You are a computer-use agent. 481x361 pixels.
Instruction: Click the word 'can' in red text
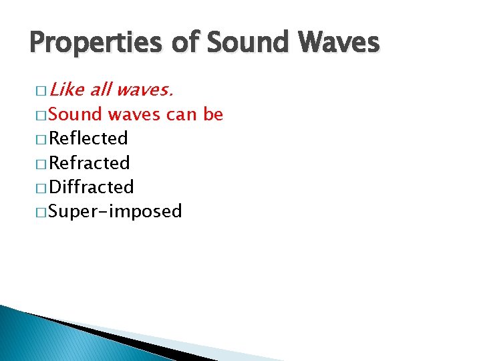[x=180, y=114]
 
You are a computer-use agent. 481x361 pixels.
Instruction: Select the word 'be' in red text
[x=213, y=114]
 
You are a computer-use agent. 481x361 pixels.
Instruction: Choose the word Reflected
[x=89, y=138]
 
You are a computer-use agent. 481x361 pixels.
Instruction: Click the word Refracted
[x=90, y=162]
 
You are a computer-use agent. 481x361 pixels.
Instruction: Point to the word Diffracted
[x=92, y=187]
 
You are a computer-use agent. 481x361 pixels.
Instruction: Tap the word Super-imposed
[x=116, y=211]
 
